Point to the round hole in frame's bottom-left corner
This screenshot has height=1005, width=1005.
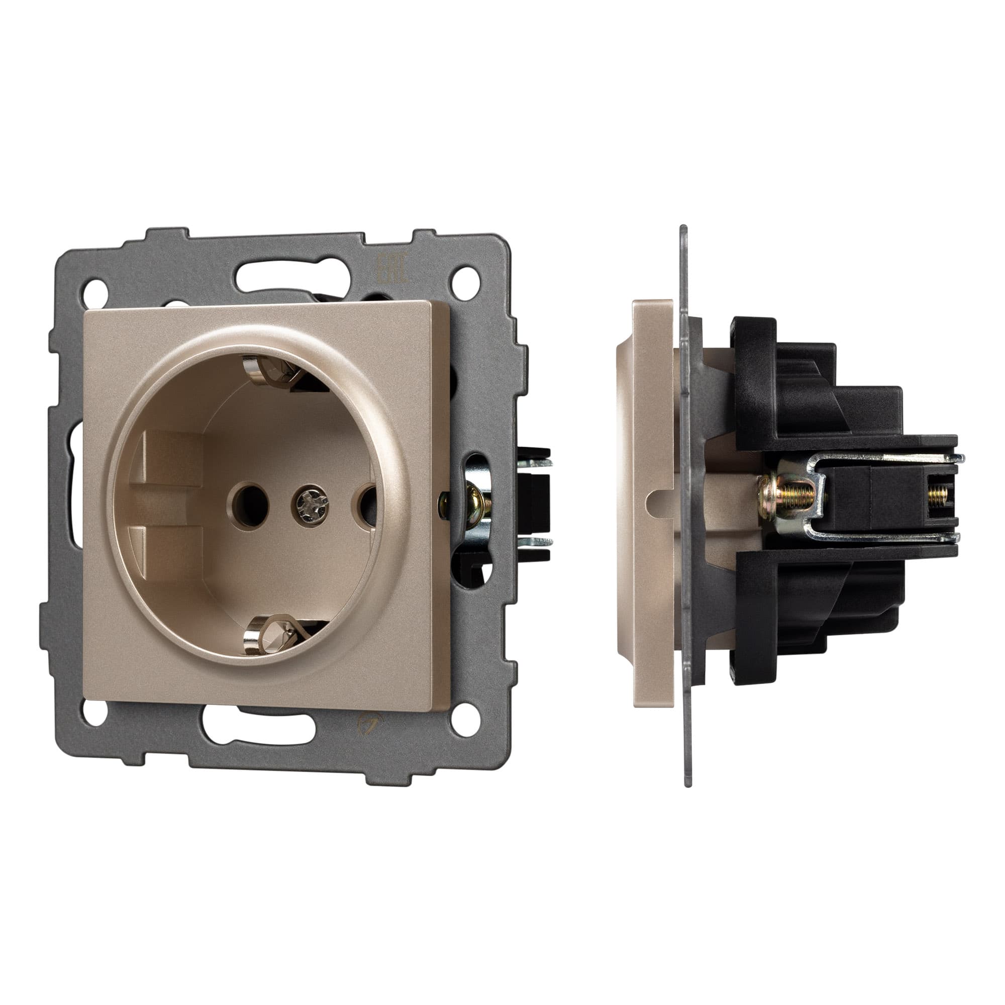coord(93,711)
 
